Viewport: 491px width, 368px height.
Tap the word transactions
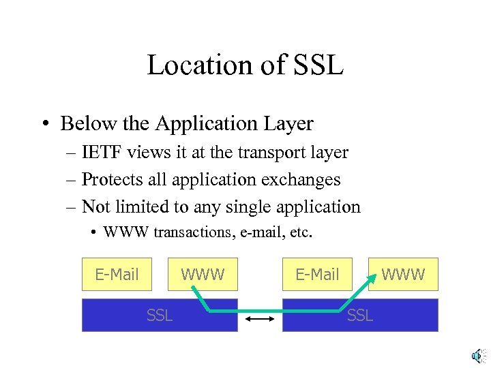pyautogui.click(x=193, y=232)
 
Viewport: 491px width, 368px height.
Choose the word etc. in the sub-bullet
pyautogui.click(x=301, y=232)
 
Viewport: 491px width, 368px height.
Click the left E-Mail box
pyautogui.click(x=117, y=275)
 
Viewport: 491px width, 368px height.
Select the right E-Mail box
pyautogui.click(x=317, y=275)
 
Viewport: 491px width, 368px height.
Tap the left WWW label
pyautogui.click(x=203, y=275)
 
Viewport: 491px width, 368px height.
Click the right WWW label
pyautogui.click(x=403, y=275)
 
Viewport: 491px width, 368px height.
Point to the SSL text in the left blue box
pyautogui.click(x=160, y=315)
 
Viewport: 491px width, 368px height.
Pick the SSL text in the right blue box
pyautogui.click(x=360, y=315)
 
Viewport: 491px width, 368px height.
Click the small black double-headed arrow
pyautogui.click(x=260, y=319)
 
